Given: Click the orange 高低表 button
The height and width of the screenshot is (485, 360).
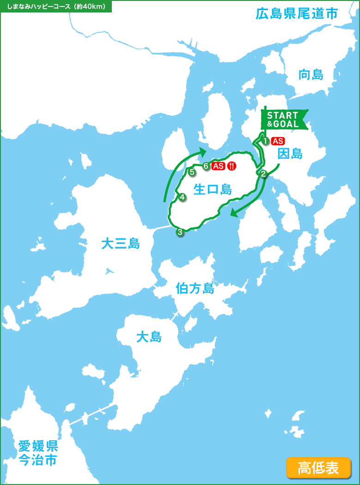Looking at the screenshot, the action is (318, 467).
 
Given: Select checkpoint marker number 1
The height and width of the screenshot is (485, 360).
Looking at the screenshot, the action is (266, 141).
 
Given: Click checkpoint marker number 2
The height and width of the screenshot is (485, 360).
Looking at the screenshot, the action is (263, 174).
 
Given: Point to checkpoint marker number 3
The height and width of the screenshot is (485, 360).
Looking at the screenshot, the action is (180, 232).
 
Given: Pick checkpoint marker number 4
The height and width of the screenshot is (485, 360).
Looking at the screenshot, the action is (183, 197).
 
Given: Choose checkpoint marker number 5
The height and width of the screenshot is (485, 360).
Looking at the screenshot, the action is (192, 172).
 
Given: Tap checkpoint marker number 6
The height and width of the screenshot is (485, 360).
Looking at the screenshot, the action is (206, 166).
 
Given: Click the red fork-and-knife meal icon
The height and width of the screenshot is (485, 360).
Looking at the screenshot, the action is (232, 166).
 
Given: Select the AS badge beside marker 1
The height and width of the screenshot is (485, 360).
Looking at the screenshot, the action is (278, 141).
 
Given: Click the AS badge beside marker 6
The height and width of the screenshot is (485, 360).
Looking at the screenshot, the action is (218, 166).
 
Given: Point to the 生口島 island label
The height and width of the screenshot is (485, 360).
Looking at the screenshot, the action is (213, 189).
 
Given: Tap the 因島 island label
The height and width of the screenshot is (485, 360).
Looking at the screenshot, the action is (290, 154).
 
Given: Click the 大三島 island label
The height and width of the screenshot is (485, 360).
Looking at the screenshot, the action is (121, 243).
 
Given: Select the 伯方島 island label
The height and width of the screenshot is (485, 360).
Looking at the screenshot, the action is (195, 289).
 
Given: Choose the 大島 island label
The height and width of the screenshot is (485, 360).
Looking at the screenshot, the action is (149, 337).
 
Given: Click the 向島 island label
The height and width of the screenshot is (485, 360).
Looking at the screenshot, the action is (311, 74).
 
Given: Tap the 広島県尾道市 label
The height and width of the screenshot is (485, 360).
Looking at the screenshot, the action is (297, 13).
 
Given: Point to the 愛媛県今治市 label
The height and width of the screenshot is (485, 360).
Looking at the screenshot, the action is (38, 453).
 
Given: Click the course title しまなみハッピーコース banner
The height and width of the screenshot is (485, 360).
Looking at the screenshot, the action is (56, 6).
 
